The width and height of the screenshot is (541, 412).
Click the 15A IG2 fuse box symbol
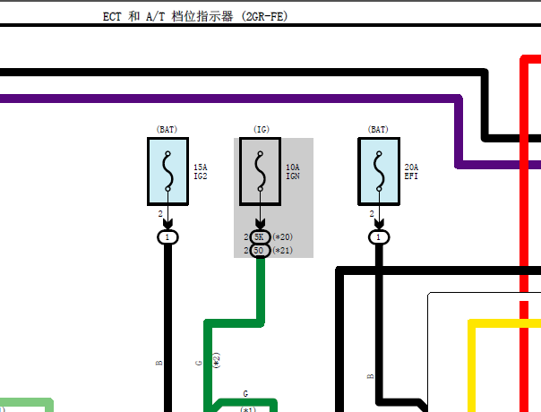[x=167, y=171]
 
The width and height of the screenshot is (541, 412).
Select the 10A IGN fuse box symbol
[x=260, y=171]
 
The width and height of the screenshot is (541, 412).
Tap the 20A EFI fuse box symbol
[x=379, y=171]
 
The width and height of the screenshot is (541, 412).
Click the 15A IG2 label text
[x=201, y=172]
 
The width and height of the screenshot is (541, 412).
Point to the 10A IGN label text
[x=293, y=172]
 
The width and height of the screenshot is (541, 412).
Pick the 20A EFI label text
[x=411, y=172]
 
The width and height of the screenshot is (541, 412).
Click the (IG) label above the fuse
[x=262, y=129]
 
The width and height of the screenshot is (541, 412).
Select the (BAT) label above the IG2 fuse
[x=167, y=129]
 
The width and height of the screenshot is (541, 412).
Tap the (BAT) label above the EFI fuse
[x=378, y=129]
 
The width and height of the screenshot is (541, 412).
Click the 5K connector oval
[x=260, y=237]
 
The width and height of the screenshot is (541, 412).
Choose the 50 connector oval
[x=260, y=251]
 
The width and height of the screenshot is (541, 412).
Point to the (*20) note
[x=282, y=237]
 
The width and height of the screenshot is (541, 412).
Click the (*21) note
[x=282, y=251]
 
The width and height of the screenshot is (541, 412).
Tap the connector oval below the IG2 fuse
[x=167, y=237]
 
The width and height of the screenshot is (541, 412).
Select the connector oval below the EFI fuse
[x=379, y=237]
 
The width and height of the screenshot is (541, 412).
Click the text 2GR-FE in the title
[x=264, y=16]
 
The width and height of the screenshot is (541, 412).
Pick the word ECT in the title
[x=112, y=16]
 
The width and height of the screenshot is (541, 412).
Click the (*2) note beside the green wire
[x=217, y=360]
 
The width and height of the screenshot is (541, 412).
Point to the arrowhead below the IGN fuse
[x=260, y=223]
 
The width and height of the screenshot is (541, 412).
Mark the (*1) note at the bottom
[x=248, y=409]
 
